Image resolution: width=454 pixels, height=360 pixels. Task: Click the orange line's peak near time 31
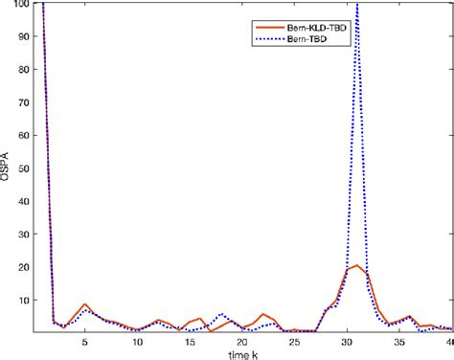(x=356, y=265)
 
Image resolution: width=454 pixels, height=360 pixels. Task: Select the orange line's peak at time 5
(x=85, y=304)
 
